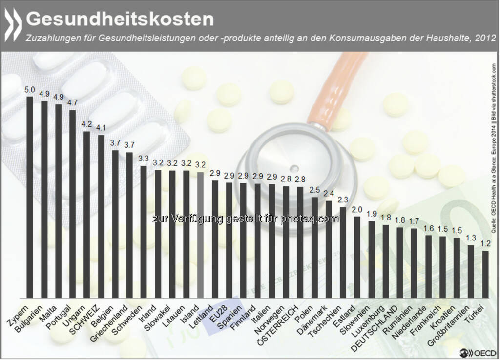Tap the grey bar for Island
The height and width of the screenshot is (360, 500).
200,234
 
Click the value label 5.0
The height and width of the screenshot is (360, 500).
30,90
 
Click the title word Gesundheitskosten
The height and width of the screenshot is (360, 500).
120,19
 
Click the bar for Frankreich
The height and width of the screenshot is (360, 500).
428,266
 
